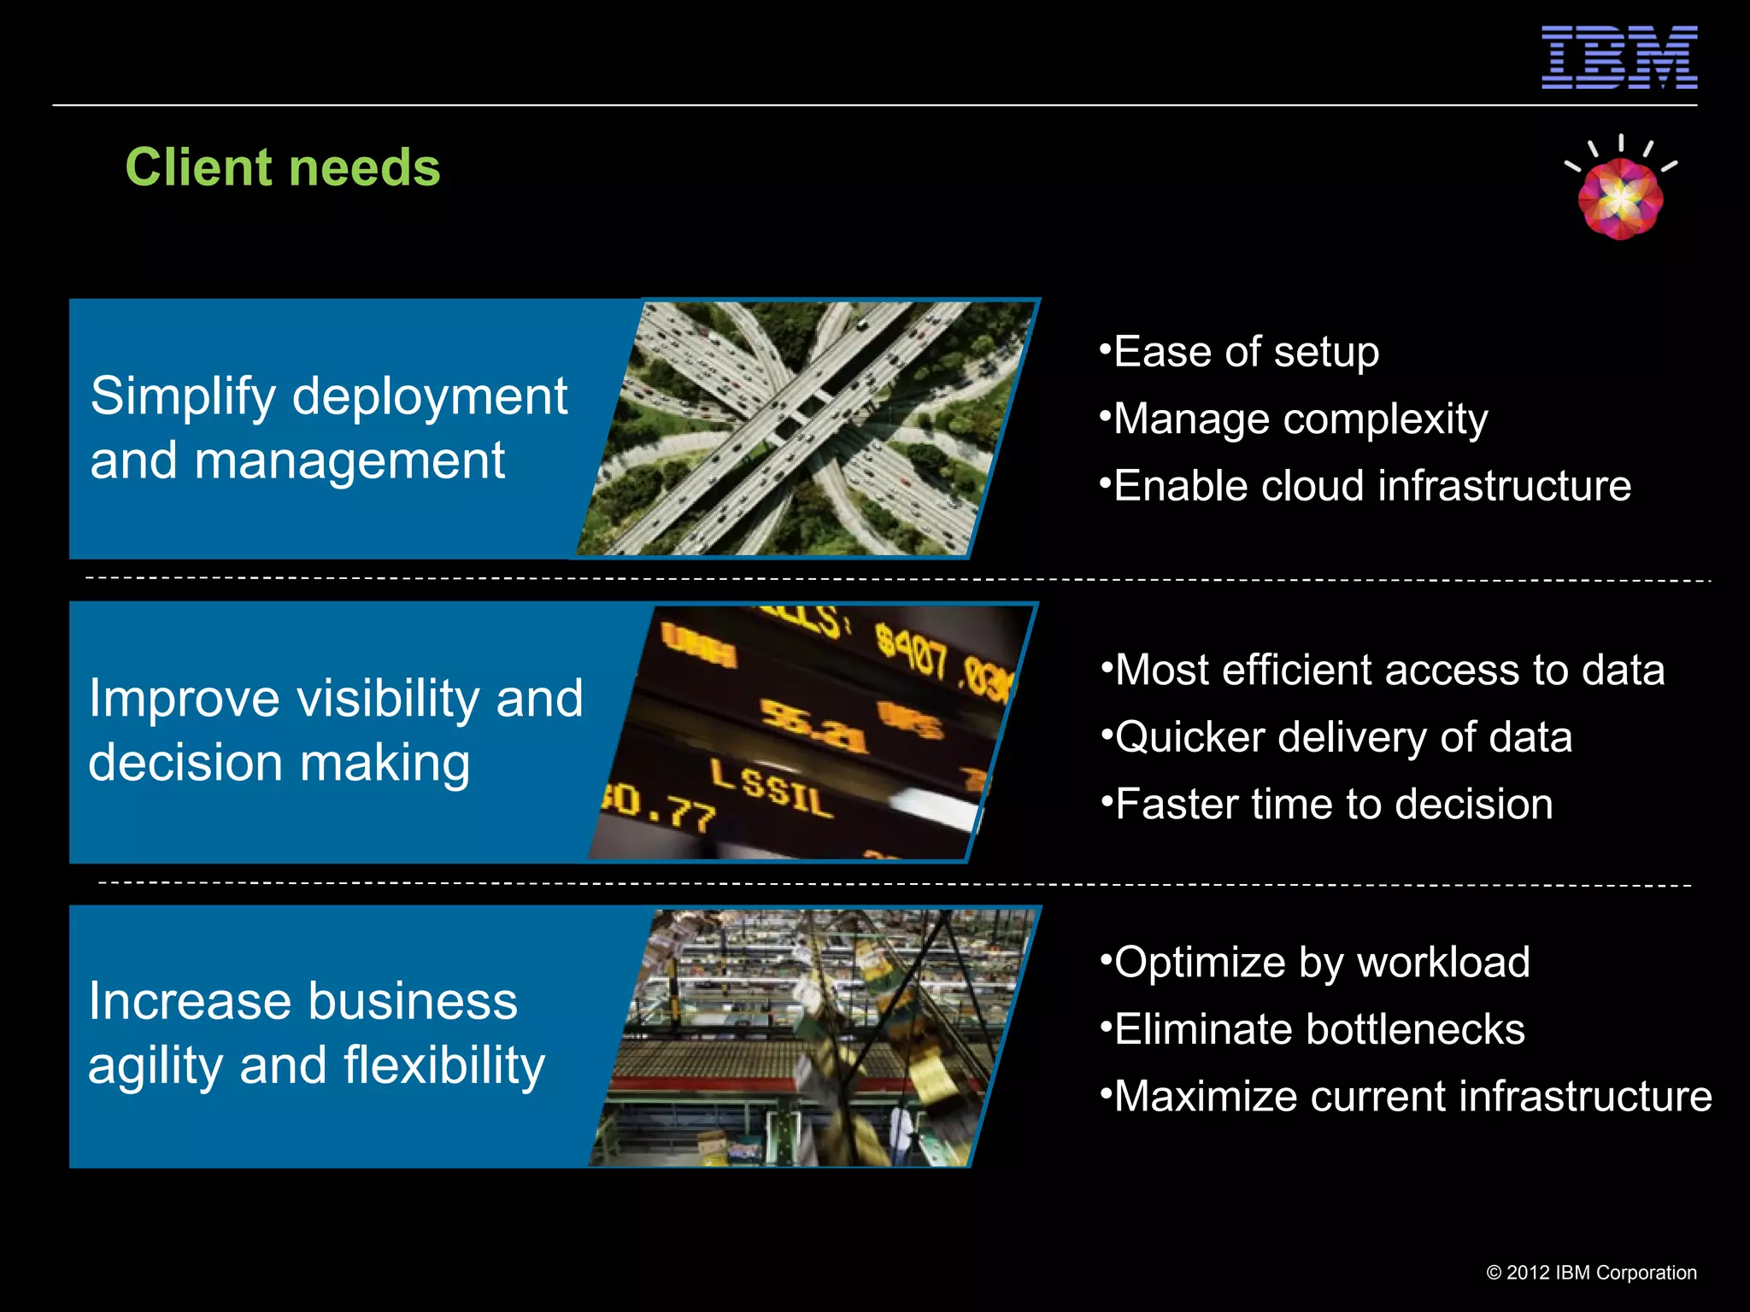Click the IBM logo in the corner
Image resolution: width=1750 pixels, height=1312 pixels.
pyautogui.click(x=1618, y=57)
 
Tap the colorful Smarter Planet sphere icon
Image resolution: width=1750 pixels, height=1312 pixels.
pyautogui.click(x=1620, y=199)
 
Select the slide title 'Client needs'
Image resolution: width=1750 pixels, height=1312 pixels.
pyautogui.click(x=283, y=167)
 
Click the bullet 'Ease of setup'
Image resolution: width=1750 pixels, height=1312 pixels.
pyautogui.click(x=1246, y=352)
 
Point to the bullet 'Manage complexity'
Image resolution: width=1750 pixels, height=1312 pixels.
pyautogui.click(x=1300, y=419)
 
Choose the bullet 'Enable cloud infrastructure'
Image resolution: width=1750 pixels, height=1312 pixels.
pyautogui.click(x=1371, y=486)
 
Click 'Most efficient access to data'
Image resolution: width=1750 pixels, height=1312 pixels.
pyautogui.click(x=1389, y=670)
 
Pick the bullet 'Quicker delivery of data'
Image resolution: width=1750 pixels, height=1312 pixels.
pyautogui.click(x=1343, y=737)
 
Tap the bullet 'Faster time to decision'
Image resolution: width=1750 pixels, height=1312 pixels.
pyautogui.click(x=1333, y=805)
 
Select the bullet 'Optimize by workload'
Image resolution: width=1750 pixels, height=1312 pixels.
pyautogui.click(x=1321, y=963)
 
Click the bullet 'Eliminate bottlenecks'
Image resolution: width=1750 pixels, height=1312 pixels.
pyautogui.click(x=1318, y=1029)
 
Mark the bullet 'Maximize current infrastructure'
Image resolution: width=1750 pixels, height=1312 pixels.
pyautogui.click(x=1412, y=1097)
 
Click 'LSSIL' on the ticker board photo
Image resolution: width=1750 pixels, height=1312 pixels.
pyautogui.click(x=772, y=790)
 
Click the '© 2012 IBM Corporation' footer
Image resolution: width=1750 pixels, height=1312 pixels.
pyautogui.click(x=1591, y=1273)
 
